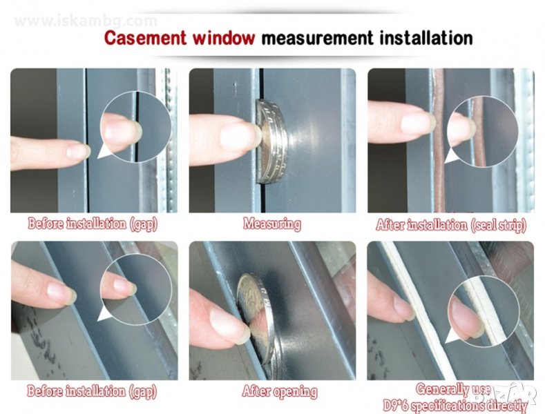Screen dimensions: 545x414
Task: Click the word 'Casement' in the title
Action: [x=146, y=38]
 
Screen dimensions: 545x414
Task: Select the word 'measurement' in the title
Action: [x=317, y=38]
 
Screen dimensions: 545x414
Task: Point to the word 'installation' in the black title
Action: [x=426, y=38]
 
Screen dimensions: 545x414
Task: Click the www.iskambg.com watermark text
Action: [x=86, y=21]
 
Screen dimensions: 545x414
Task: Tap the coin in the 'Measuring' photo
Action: [x=272, y=141]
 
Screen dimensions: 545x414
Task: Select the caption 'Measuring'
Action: [x=272, y=224]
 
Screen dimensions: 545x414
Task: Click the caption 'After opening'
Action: [x=280, y=391]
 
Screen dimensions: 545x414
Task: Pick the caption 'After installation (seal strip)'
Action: [x=451, y=225]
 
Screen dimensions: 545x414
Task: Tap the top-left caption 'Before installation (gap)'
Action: [x=93, y=224]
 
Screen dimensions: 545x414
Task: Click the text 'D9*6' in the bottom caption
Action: [x=396, y=405]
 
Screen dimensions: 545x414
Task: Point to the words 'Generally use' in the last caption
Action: [x=453, y=388]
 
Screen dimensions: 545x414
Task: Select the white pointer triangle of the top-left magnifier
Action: [x=104, y=151]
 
